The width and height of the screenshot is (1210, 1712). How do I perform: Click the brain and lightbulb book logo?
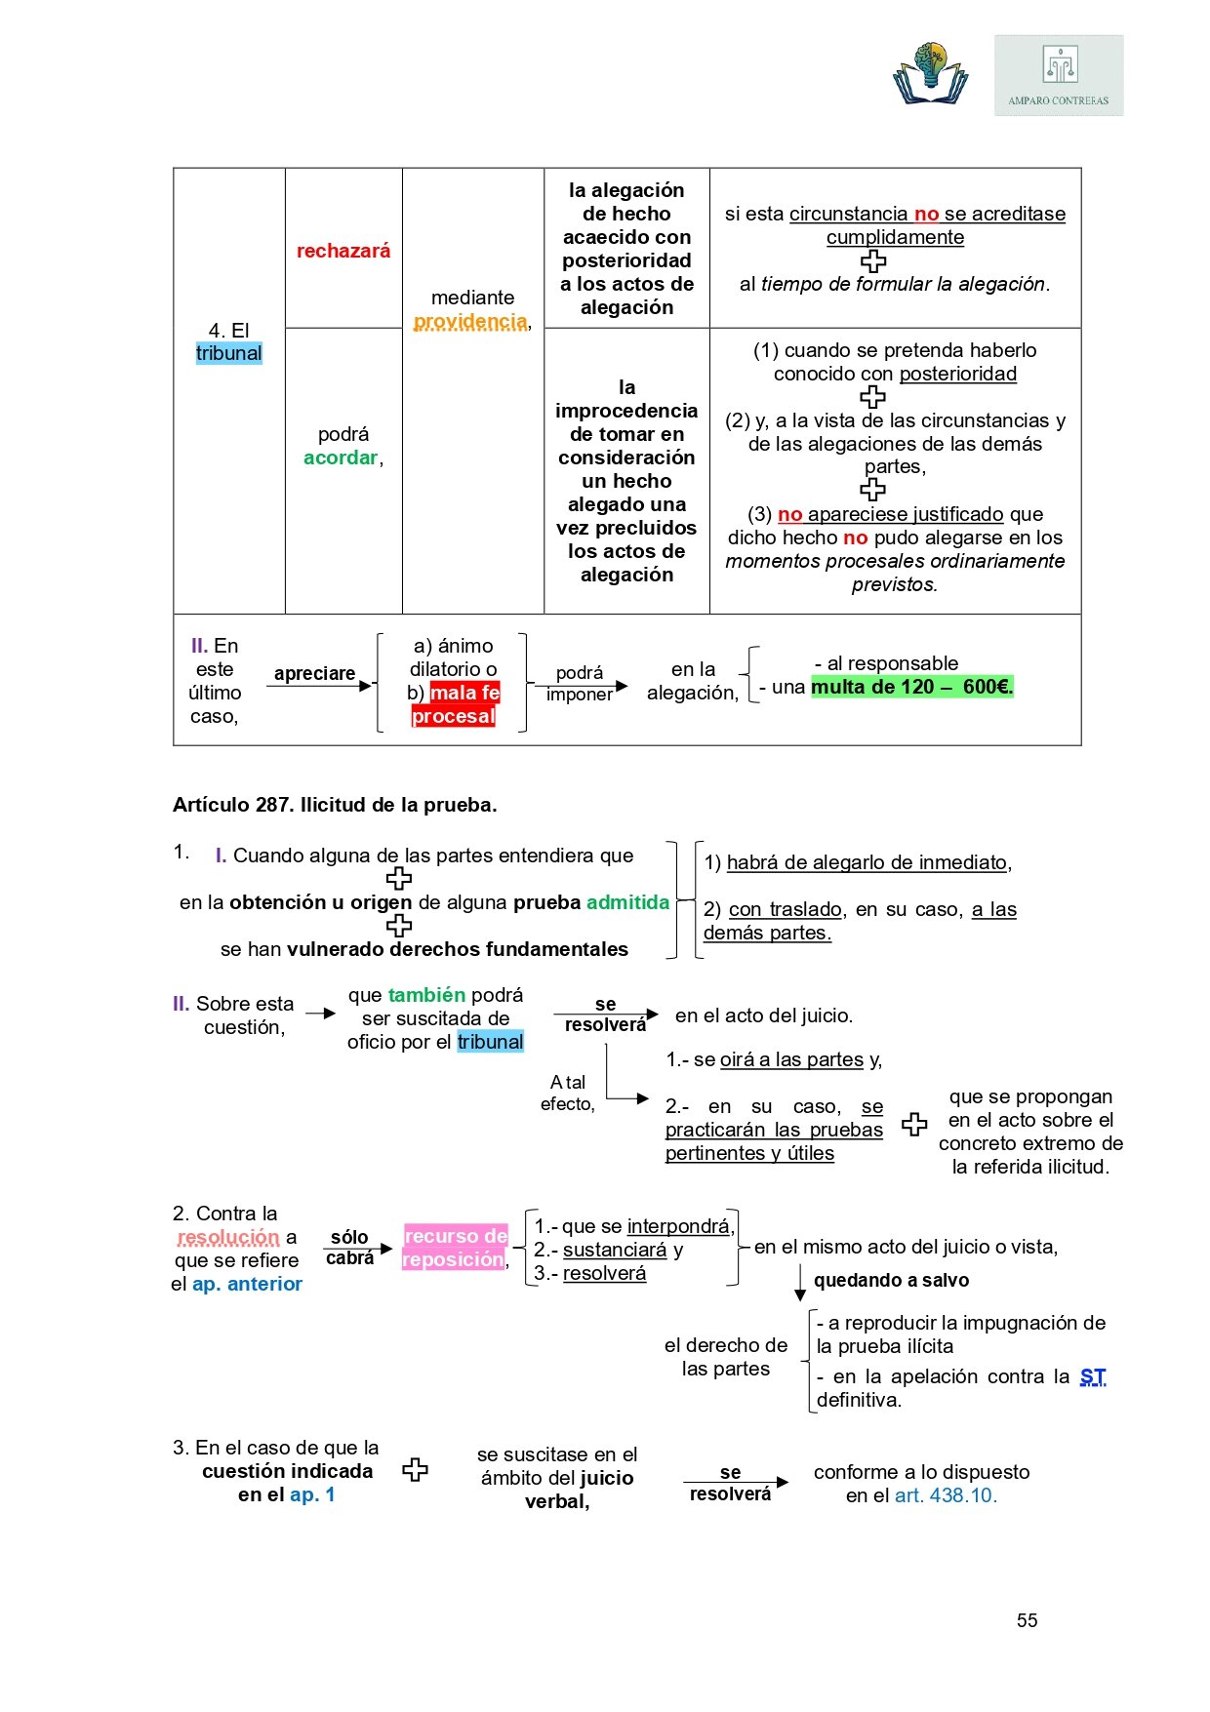[x=930, y=73]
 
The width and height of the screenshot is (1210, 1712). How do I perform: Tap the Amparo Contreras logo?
[x=1059, y=76]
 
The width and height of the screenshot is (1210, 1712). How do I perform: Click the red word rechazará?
[x=343, y=251]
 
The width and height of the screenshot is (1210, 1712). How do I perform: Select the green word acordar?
[x=341, y=458]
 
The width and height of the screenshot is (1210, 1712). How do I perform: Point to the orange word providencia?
[x=470, y=321]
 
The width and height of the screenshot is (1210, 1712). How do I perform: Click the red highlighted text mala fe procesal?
[x=455, y=704]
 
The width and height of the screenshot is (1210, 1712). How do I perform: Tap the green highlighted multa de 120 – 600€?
[x=912, y=687]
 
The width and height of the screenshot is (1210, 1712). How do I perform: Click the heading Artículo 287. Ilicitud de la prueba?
[x=335, y=805]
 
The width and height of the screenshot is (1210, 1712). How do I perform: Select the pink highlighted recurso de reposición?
[x=456, y=1248]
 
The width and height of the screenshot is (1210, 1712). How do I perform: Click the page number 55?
[x=1027, y=1620]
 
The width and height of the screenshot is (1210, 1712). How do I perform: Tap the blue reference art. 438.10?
[x=946, y=1495]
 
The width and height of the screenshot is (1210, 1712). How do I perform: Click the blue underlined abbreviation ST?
[x=1093, y=1376]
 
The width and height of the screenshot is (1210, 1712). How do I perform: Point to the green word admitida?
[x=627, y=902]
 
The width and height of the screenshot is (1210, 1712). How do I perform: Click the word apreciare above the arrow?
[x=314, y=673]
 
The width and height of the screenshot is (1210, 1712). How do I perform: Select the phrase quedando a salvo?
[x=891, y=1280]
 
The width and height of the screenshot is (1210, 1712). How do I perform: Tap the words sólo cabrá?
[x=349, y=1248]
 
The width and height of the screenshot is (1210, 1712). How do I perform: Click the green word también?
[x=426, y=995]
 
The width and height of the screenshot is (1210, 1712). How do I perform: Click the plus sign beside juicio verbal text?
[x=416, y=1470]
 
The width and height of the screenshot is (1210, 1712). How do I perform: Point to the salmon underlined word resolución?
[x=229, y=1237]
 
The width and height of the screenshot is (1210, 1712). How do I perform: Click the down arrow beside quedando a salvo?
[x=800, y=1283]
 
